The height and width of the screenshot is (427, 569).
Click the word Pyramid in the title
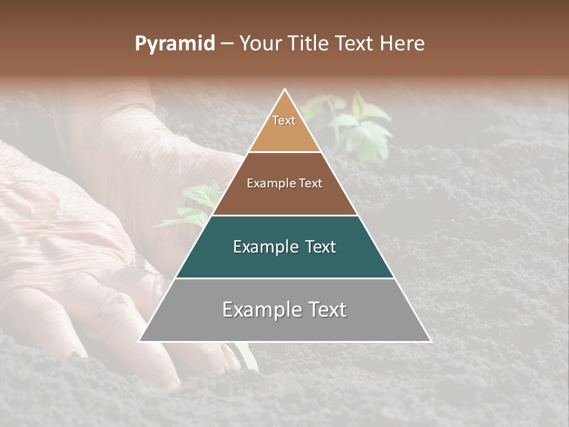174,44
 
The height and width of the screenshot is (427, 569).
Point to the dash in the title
226,44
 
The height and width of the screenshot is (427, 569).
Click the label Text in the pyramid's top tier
284,120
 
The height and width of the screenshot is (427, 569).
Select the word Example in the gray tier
259,310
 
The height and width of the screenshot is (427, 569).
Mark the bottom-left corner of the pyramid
139,342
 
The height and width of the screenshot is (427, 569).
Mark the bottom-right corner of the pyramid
431,342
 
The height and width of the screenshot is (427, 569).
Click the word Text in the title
357,44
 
